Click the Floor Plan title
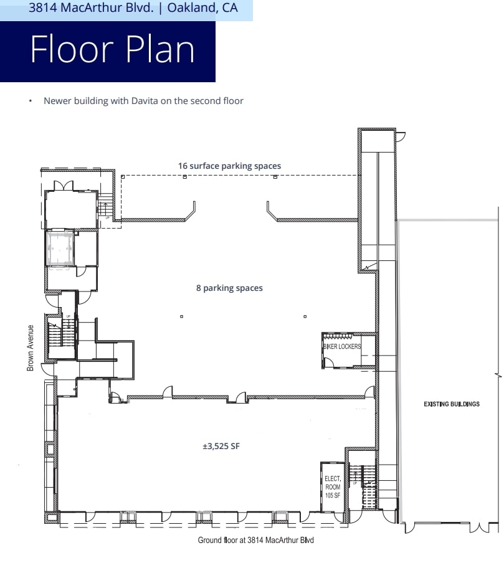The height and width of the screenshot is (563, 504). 112,50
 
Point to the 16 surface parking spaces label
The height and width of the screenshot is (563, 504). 229,166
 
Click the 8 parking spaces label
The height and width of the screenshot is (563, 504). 229,288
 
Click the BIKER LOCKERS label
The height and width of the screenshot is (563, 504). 341,346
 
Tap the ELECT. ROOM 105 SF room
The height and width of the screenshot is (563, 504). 332,486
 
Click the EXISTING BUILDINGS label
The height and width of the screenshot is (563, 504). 452,404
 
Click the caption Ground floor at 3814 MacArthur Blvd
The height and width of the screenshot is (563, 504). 255,540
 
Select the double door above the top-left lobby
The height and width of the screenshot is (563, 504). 64,186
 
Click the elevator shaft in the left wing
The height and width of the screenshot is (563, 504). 60,248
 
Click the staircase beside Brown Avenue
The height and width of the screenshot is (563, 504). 60,336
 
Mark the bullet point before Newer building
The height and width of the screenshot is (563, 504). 29,101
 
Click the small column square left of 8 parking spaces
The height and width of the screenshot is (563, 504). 181,316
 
